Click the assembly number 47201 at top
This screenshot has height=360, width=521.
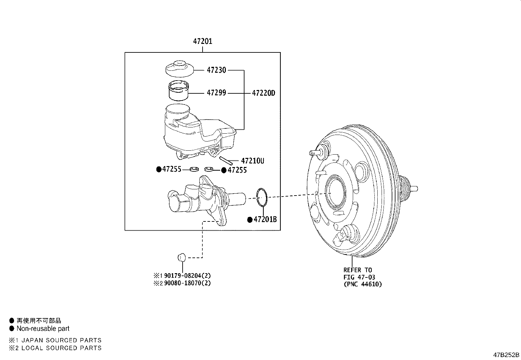pyautogui.click(x=202, y=41)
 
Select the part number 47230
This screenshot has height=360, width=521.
pyautogui.click(x=216, y=70)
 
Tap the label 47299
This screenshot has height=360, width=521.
pyautogui.click(x=216, y=93)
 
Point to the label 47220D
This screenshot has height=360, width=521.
pyautogui.click(x=263, y=93)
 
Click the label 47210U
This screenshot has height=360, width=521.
pyautogui.click(x=252, y=161)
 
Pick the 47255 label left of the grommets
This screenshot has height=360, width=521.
pyautogui.click(x=171, y=169)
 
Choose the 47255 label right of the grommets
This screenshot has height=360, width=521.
pyautogui.click(x=237, y=170)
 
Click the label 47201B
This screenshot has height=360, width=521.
pyautogui.click(x=265, y=219)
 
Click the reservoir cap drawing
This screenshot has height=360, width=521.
pyautogui.click(x=179, y=68)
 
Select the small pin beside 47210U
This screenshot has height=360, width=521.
pyautogui.click(x=226, y=161)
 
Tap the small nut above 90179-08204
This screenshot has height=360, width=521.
pyautogui.click(x=182, y=257)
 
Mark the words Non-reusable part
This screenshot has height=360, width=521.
pyautogui.click(x=43, y=328)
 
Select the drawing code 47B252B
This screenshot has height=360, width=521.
pyautogui.click(x=506, y=355)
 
